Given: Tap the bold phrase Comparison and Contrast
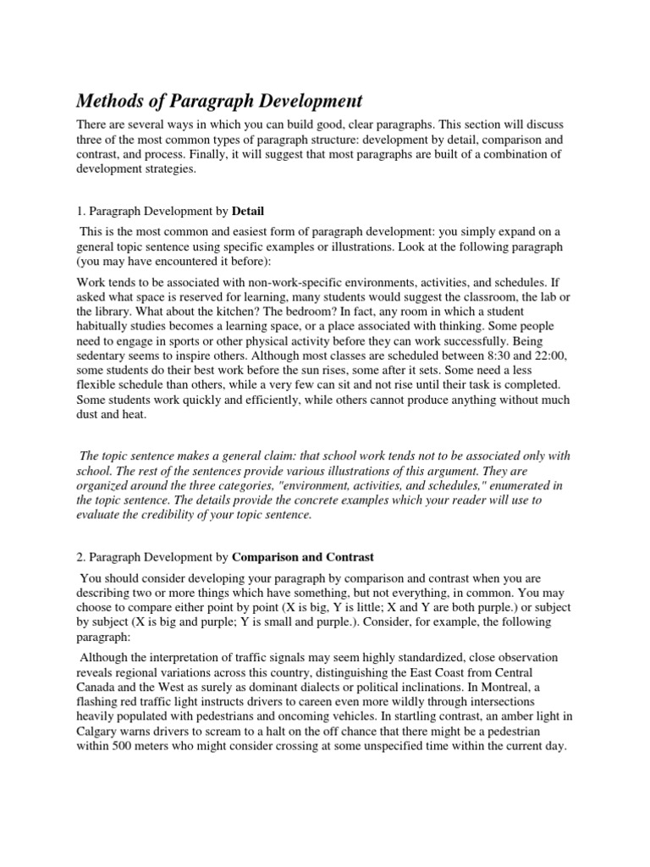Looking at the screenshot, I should pyautogui.click(x=303, y=557).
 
